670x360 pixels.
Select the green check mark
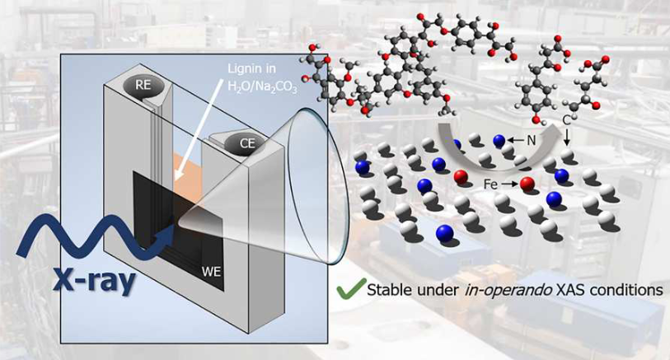350,289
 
